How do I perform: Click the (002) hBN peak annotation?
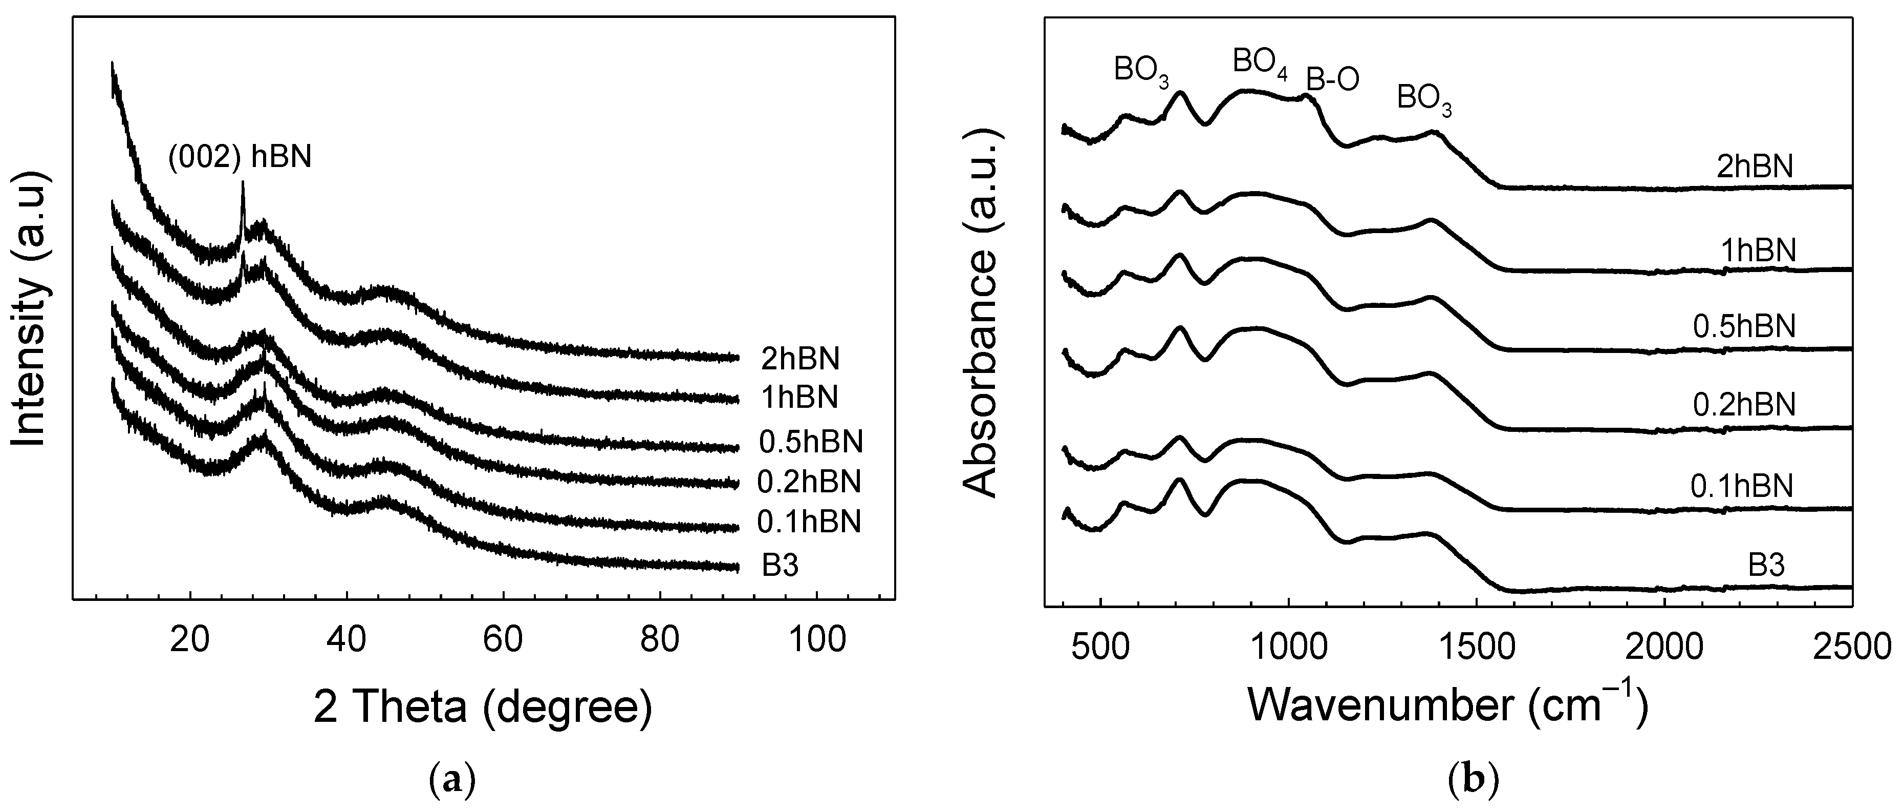(240, 157)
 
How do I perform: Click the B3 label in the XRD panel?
(781, 567)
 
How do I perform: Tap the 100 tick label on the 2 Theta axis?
(817, 639)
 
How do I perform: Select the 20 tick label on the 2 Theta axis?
(191, 639)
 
